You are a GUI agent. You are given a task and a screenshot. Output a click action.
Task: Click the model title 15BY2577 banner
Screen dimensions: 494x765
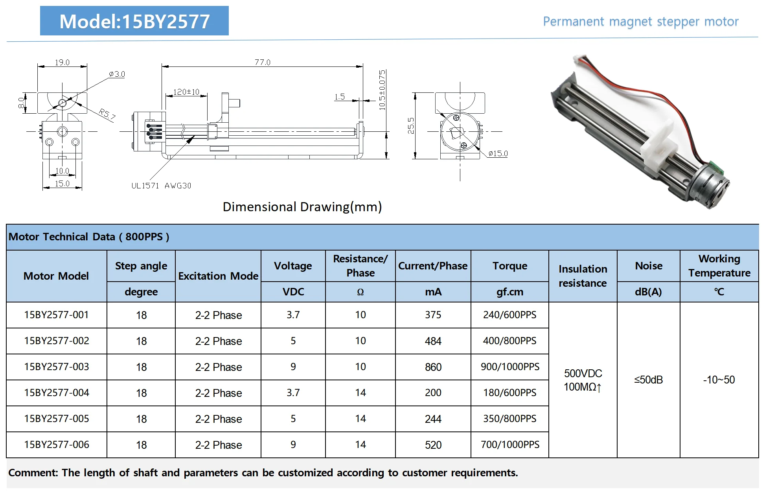point(134,21)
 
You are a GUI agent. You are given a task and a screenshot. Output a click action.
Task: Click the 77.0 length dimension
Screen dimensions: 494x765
point(262,62)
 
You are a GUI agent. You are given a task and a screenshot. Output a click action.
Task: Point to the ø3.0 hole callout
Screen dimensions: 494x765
point(117,74)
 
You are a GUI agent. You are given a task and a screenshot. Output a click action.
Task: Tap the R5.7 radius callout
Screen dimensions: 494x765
point(107,114)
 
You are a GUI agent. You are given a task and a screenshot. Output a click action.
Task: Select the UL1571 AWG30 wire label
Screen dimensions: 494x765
point(161,186)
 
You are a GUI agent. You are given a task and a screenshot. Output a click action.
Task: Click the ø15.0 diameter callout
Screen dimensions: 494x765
point(498,153)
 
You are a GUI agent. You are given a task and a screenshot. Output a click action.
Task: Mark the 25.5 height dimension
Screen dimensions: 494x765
point(411,126)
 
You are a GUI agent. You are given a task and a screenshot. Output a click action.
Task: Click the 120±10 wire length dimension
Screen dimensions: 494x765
point(186,92)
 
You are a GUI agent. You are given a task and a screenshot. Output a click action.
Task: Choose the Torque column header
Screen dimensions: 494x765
point(509,266)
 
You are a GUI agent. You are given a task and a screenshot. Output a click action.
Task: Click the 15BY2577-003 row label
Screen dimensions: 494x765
point(57,367)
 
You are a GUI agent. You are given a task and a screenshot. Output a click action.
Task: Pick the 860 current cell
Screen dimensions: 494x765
point(433,367)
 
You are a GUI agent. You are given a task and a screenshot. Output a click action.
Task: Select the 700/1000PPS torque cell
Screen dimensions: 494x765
point(509,444)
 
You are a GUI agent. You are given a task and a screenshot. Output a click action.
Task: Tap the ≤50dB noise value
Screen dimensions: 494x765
point(648,380)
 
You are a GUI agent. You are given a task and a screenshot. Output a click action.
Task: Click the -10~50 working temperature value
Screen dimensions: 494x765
point(719,380)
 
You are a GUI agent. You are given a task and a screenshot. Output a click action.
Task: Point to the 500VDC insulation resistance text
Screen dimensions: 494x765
point(583,373)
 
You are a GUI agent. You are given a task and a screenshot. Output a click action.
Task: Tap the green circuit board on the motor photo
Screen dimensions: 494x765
point(717,167)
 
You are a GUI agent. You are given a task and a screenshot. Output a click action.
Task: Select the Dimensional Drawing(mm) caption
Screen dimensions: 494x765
point(302,207)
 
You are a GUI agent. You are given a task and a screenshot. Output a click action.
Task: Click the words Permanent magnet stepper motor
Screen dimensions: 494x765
point(640,22)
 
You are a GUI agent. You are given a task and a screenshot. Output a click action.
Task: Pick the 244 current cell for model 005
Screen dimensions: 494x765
point(433,419)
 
